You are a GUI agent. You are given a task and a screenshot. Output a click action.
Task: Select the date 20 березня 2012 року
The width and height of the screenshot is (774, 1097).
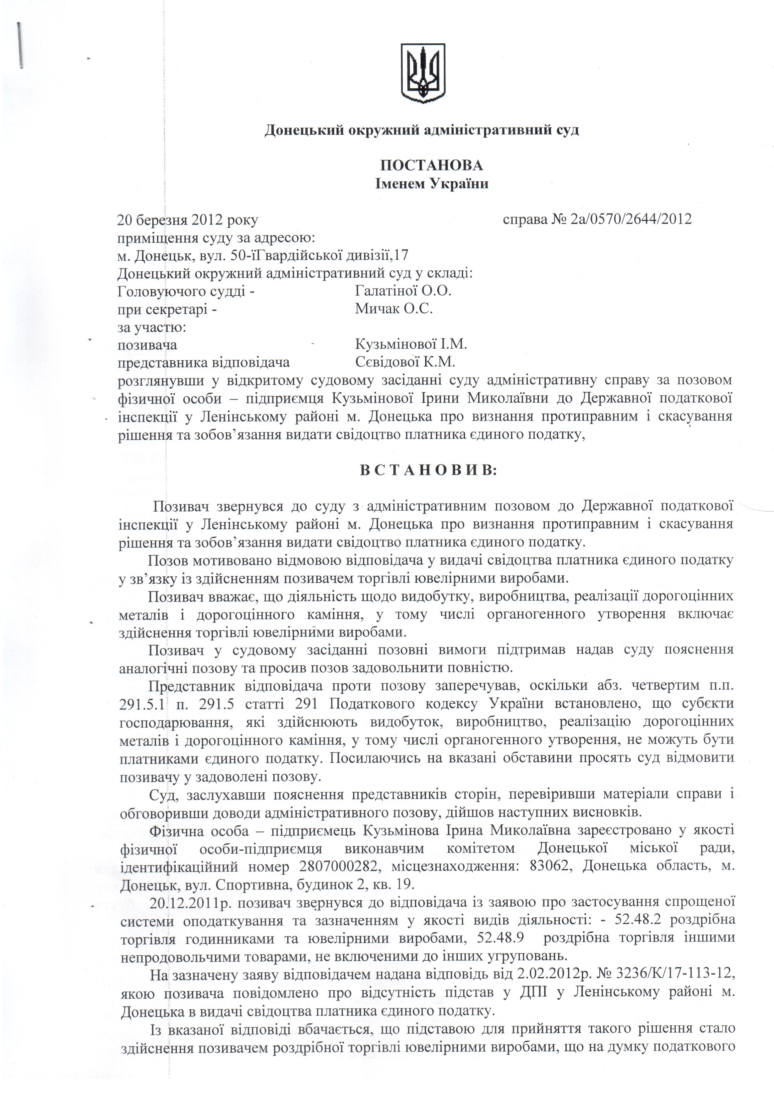(188, 220)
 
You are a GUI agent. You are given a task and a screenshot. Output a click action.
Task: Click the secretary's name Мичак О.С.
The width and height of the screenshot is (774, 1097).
(394, 309)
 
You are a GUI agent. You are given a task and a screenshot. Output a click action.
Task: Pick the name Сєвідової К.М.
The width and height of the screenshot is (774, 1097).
(405, 362)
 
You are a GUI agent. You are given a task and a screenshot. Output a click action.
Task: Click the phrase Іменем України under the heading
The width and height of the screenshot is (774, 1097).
(431, 184)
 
